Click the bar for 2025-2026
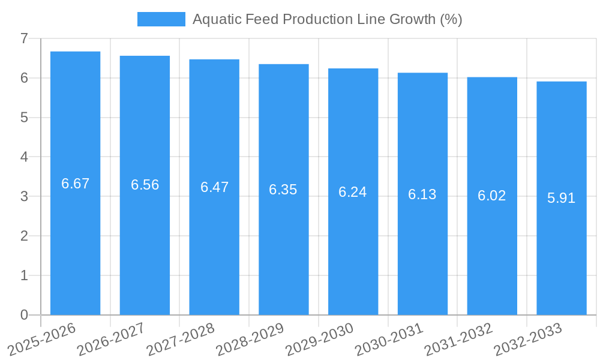click(x=75, y=183)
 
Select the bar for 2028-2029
click(x=283, y=190)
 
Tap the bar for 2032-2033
click(x=561, y=198)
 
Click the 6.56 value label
click(x=145, y=185)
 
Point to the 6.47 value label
click(x=214, y=187)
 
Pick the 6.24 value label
click(x=353, y=192)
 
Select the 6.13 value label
click(x=422, y=194)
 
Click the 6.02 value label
click(x=492, y=196)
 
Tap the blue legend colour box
click(x=161, y=19)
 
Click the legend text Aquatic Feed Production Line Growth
click(x=327, y=19)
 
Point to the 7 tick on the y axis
click(x=24, y=38)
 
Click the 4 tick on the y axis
click(x=24, y=157)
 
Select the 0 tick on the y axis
click(x=24, y=315)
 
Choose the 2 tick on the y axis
click(x=24, y=236)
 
